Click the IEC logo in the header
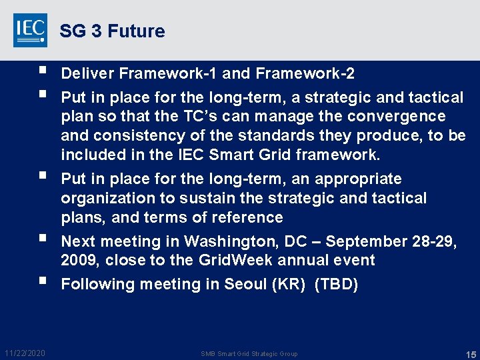point(30,31)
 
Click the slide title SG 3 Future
point(112,31)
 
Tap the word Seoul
point(243,285)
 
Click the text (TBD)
point(336,285)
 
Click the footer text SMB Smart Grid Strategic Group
point(249,353)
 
